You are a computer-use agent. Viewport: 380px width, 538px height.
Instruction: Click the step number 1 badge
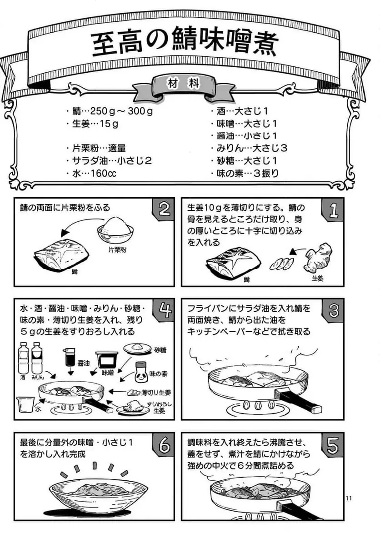334,209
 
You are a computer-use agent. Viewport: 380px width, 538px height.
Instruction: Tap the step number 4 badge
165,310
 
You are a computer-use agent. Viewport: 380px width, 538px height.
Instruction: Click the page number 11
349,498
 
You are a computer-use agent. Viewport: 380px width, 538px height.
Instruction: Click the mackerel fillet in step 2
61,255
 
